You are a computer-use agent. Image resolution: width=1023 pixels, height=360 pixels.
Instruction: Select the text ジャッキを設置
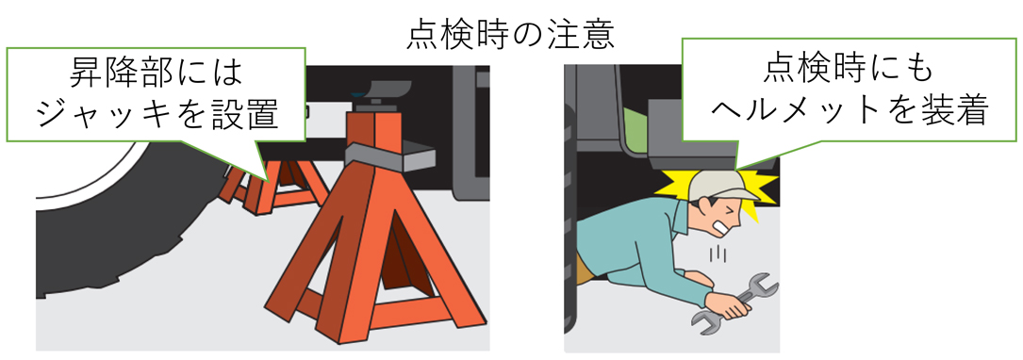point(157,113)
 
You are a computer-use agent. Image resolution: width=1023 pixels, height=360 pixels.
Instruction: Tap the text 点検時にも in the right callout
point(850,71)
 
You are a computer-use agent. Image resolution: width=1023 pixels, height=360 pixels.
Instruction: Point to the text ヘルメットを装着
point(850,113)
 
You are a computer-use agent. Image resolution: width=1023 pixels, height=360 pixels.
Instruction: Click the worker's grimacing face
point(728,219)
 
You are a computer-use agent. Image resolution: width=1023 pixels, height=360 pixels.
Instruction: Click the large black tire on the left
point(113,226)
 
